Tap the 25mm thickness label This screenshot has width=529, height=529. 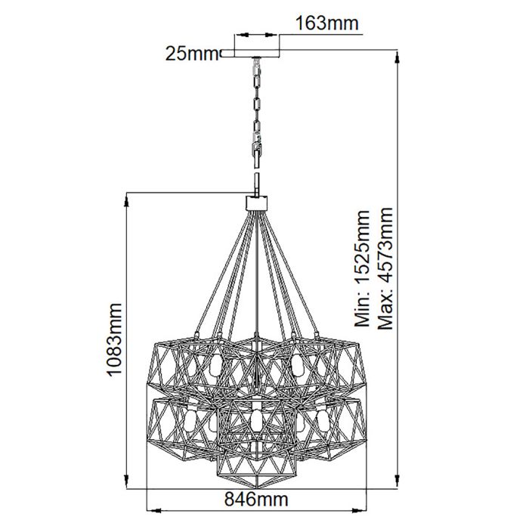pos(190,53)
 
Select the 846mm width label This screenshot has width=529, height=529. pos(259,521)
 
